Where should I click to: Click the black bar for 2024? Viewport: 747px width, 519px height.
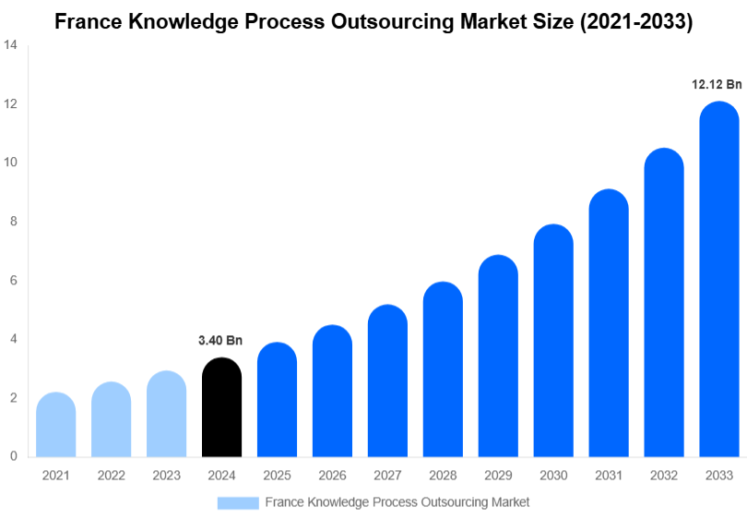221,407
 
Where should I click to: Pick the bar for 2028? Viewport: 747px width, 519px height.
443,369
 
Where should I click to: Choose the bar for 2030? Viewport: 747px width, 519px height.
553,341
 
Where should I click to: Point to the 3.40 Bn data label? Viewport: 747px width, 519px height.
220,341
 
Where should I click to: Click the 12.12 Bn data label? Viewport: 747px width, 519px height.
717,84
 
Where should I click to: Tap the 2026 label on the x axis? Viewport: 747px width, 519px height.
332,476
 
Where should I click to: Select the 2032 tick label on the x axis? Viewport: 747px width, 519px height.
664,476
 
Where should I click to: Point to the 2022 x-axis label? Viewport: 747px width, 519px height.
111,476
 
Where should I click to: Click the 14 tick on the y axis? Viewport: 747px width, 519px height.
11,44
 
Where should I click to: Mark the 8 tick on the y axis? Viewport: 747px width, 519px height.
14,222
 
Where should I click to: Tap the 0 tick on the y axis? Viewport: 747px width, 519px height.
14,456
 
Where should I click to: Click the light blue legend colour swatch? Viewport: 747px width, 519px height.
237,502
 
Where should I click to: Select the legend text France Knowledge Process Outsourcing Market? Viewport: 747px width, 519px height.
397,502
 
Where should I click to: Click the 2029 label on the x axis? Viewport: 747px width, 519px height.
498,476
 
